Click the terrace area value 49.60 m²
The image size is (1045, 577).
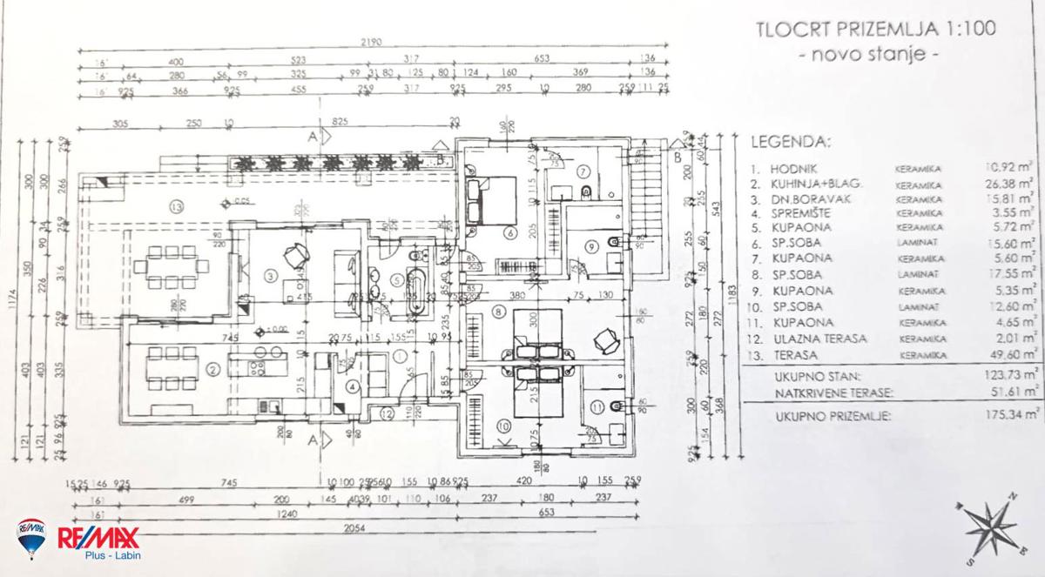pyautogui.click(x=1009, y=354)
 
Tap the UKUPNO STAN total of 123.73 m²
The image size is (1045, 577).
pyautogui.click(x=1007, y=377)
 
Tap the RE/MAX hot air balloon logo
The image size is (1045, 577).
pyautogui.click(x=32, y=539)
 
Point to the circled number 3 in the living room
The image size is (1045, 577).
pyautogui.click(x=271, y=277)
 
